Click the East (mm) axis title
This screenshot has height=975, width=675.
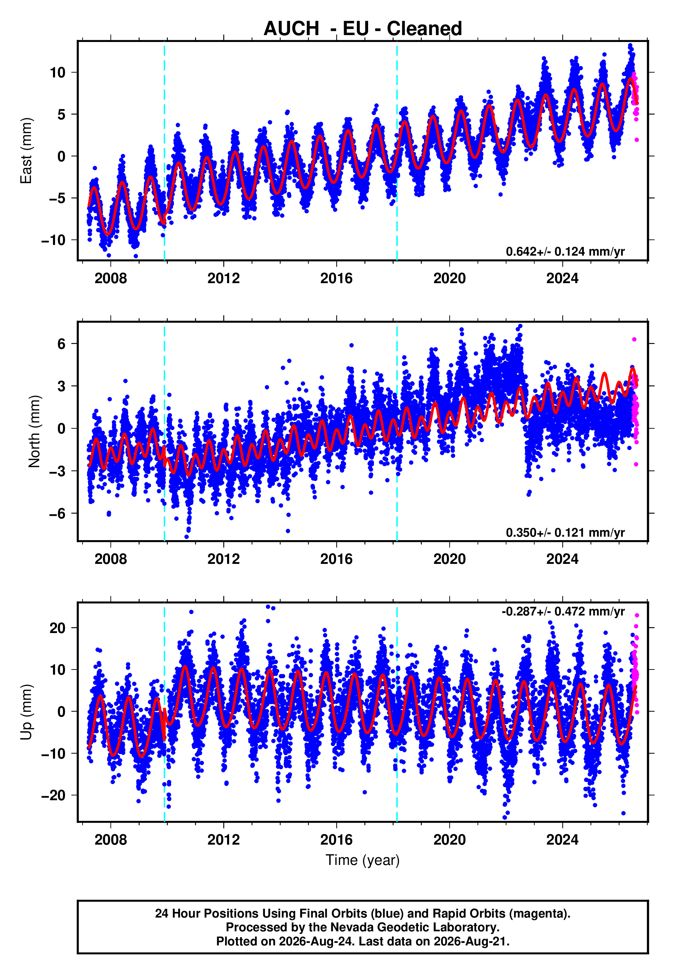tap(26, 151)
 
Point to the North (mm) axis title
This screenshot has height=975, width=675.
tap(34, 431)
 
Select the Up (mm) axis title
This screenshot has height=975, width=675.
tap(26, 712)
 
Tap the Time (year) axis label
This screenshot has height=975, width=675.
tap(363, 860)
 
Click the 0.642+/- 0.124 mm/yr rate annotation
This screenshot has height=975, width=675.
tap(565, 251)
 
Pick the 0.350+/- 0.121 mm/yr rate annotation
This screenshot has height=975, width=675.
tap(565, 532)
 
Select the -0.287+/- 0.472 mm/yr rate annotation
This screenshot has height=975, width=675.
tap(563, 612)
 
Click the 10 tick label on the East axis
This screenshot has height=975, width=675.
tap(57, 73)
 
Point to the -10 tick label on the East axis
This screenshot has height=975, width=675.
tap(53, 240)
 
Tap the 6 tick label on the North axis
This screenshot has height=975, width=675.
tap(62, 344)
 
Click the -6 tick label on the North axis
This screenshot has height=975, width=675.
tap(57, 514)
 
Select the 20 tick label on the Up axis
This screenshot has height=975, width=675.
tap(57, 628)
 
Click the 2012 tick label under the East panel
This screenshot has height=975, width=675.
tap(223, 278)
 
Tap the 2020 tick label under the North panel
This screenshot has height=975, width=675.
tap(449, 559)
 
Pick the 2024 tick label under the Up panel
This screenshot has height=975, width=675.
tap(562, 840)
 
